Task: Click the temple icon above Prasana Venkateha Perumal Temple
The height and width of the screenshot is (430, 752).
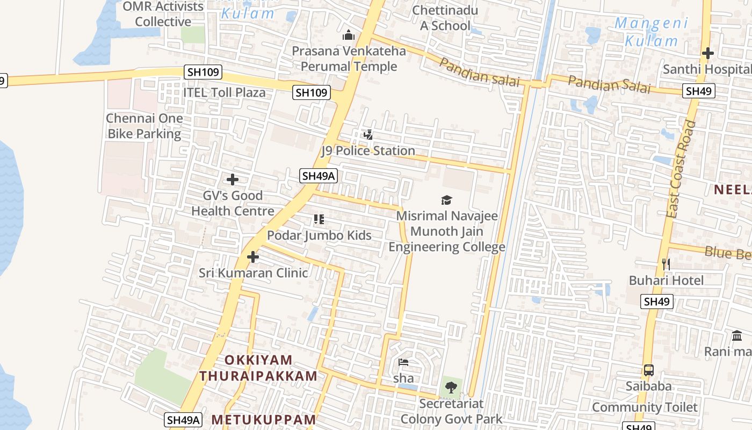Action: click(x=349, y=35)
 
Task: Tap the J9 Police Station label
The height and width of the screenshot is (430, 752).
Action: click(x=368, y=150)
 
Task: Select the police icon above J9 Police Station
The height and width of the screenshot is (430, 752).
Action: click(x=368, y=135)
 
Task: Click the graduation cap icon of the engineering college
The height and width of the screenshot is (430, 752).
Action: click(x=446, y=200)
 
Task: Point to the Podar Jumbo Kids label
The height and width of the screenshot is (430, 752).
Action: click(x=319, y=235)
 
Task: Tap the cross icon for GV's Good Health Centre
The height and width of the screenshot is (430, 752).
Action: click(x=233, y=180)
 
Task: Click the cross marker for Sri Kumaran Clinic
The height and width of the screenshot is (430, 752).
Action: click(x=253, y=257)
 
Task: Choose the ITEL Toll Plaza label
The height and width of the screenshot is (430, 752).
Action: click(x=224, y=92)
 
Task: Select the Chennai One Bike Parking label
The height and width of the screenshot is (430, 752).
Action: click(x=144, y=126)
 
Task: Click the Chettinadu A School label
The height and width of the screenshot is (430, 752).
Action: click(x=445, y=18)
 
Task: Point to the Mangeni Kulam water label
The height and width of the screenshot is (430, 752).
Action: click(x=651, y=32)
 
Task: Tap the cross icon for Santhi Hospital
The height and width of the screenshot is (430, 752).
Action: click(x=708, y=53)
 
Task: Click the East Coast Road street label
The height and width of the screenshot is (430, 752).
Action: click(x=681, y=169)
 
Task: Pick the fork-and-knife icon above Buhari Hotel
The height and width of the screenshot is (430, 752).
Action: click(x=666, y=264)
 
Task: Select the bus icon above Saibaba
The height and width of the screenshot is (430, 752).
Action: click(x=649, y=370)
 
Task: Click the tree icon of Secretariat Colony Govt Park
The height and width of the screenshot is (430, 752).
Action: click(x=451, y=387)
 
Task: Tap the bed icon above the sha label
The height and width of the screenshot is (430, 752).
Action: click(x=403, y=362)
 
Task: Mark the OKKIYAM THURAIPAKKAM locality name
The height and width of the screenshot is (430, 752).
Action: click(x=258, y=368)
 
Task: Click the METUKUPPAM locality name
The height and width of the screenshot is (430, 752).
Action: click(x=264, y=419)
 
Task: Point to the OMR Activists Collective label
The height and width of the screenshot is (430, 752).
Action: click(x=163, y=14)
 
